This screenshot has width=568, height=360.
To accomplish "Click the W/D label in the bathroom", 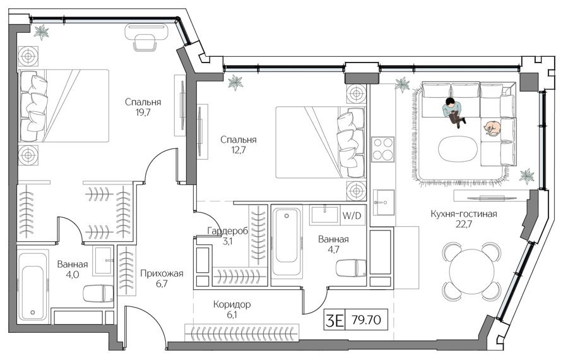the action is point(352,216).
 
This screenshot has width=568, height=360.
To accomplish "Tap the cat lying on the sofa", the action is point(492,128).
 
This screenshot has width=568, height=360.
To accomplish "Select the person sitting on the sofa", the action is point(453,112).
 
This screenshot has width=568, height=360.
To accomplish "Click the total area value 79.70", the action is point(366,320).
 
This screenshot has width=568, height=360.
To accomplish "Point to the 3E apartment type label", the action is point(334,320).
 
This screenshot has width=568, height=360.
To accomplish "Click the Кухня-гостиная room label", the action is point(464,214).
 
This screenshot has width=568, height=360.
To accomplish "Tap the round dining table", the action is point(471,271).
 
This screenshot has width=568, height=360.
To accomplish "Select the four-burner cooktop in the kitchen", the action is point(383,148).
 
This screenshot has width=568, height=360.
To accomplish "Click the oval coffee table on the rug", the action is point(458,148).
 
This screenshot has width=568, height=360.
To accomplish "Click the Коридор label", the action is point(232,304).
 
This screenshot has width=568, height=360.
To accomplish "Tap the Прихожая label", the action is point(162,273).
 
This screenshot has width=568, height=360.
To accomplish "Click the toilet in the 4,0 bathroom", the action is point(98,293).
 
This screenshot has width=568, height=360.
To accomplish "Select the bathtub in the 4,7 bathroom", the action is point(286,242).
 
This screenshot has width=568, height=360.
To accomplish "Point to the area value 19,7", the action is point(143,112).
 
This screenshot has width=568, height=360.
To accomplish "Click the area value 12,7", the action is point(239,149).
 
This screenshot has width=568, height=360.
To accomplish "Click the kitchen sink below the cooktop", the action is point(383,202).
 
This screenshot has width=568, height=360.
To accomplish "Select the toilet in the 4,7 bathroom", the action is point(351,268).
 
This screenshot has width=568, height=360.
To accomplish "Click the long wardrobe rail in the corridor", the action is point(242,332).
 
